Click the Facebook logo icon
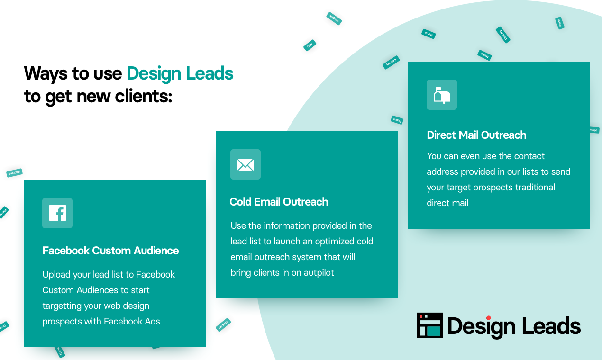(57, 213)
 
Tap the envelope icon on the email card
(245, 164)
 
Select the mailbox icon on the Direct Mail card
(442, 95)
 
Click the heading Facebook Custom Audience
(110, 251)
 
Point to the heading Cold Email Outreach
(279, 202)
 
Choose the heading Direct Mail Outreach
(476, 135)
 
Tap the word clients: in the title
(143, 96)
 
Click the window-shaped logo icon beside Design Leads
(429, 325)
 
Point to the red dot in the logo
(488, 318)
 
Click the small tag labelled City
(310, 45)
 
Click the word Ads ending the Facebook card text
(152, 321)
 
